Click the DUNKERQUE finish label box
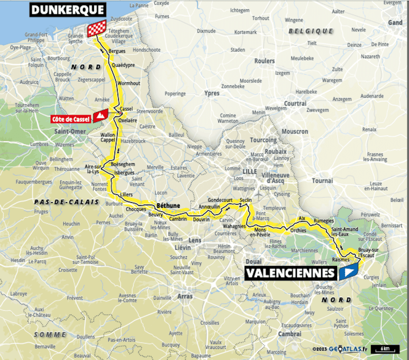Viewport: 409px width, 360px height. (68, 10)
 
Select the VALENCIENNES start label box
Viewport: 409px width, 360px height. (290, 273)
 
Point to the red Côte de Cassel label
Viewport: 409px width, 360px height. (70, 119)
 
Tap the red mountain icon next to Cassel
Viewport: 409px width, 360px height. (100, 116)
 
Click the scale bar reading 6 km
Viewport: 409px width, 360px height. (385, 349)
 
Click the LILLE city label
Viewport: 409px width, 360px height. (250, 171)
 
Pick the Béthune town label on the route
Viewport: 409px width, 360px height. (168, 206)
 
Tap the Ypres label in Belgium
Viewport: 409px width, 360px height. (212, 93)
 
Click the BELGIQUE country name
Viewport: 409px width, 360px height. (310, 31)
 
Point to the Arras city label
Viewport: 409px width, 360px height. (185, 296)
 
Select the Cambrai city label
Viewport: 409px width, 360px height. (290, 334)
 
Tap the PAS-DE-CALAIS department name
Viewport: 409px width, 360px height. (66, 202)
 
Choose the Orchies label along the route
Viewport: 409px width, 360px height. (298, 231)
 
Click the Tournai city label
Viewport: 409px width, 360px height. (322, 181)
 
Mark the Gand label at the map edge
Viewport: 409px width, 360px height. (395, 23)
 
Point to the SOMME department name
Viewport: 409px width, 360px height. (50, 334)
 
